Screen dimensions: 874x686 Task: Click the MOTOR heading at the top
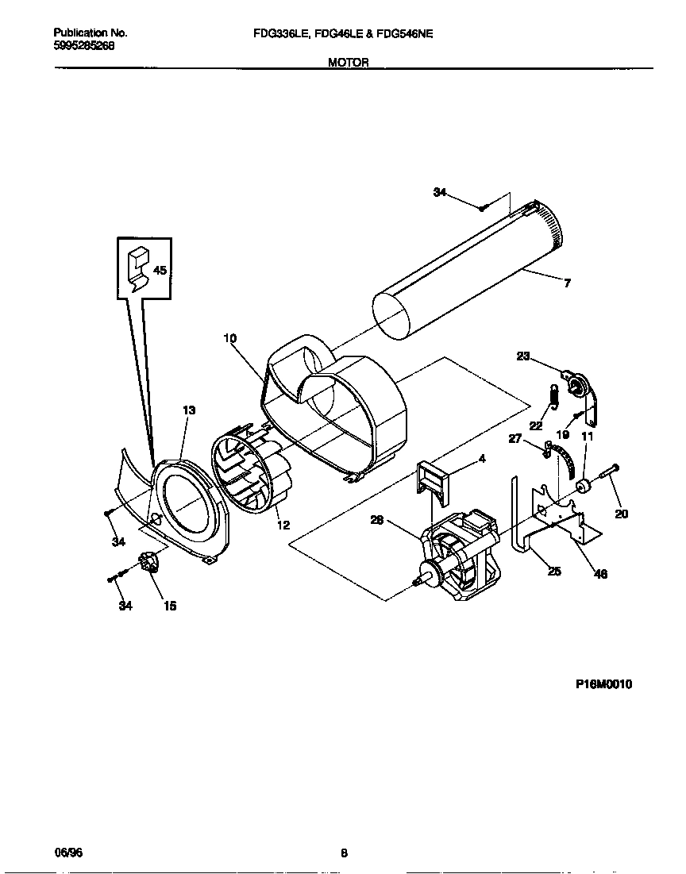click(349, 63)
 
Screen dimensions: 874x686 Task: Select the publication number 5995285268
click(84, 45)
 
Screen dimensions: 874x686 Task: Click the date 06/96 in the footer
click(68, 853)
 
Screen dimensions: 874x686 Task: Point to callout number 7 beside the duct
click(567, 283)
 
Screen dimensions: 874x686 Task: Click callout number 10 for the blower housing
click(229, 338)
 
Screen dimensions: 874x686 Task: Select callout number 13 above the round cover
click(189, 410)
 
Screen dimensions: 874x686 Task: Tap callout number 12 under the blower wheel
click(283, 525)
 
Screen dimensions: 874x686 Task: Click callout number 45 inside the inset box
click(160, 271)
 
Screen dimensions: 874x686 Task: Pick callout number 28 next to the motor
click(377, 521)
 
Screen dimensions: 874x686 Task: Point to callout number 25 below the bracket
click(554, 571)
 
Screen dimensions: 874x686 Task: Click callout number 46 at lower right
click(601, 574)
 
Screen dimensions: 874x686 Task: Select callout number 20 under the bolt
click(622, 514)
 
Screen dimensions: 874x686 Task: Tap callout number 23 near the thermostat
click(522, 356)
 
